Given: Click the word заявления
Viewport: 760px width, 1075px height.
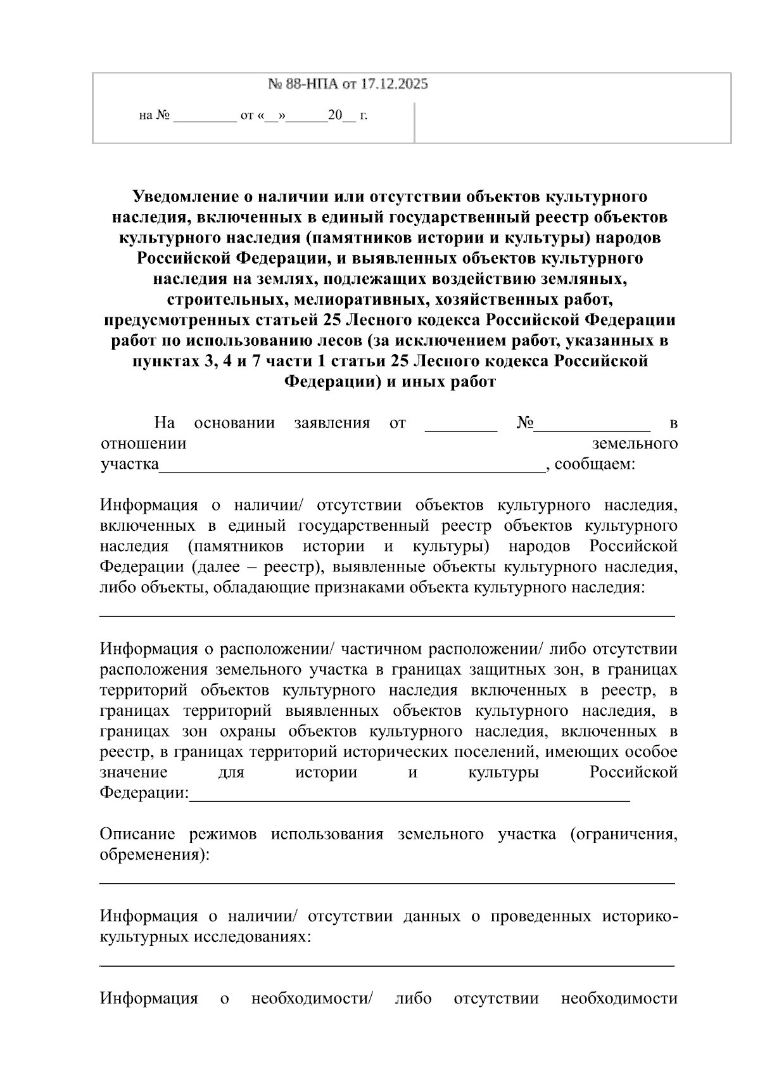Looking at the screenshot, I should (332, 423).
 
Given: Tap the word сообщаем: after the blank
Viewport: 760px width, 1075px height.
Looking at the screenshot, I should (595, 464).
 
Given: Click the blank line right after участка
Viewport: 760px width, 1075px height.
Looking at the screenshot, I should (351, 469).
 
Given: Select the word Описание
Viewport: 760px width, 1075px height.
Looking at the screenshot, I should (137, 834).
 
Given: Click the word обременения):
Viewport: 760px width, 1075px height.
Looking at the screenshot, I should (155, 855).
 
